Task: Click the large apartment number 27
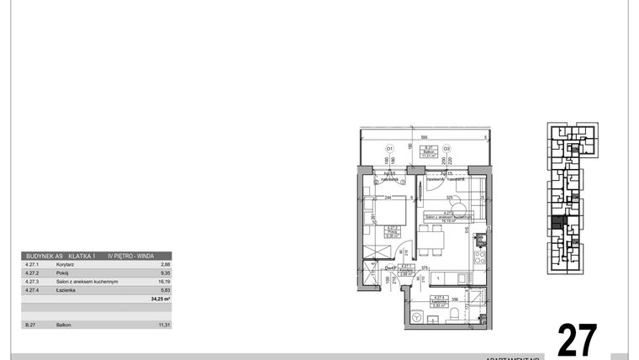pyautogui.click(x=578, y=339)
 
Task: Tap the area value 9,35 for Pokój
pyautogui.click(x=165, y=273)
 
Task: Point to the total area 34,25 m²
pyautogui.click(x=160, y=299)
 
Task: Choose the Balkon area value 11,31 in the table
pyautogui.click(x=164, y=324)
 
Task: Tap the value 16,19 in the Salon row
pyautogui.click(x=164, y=281)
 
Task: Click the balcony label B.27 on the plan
pyautogui.click(x=428, y=146)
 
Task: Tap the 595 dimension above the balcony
pyautogui.click(x=425, y=136)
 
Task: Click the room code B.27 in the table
pyautogui.click(x=30, y=324)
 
